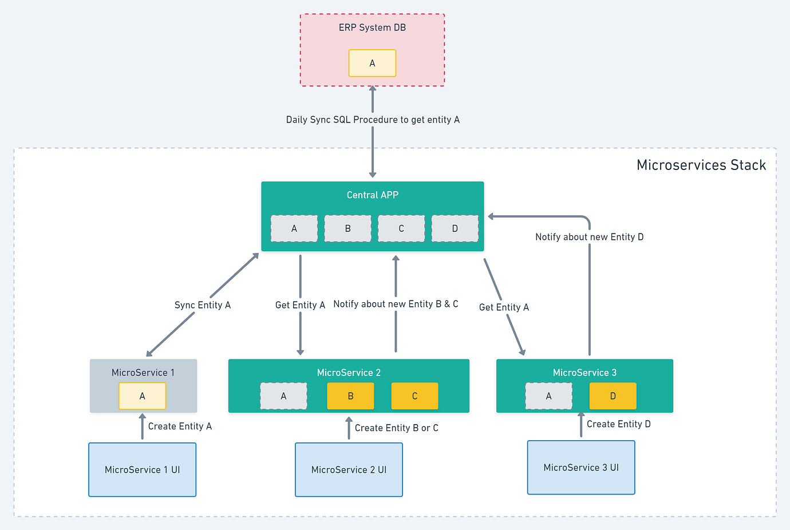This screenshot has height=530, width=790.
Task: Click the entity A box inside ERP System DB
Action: (372, 63)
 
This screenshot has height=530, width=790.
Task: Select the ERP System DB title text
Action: (372, 27)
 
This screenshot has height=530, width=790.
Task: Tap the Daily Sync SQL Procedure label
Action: (373, 120)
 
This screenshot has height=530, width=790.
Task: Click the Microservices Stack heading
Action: (701, 165)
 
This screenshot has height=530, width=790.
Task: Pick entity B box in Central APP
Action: (347, 228)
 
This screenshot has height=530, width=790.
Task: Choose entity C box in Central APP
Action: (401, 228)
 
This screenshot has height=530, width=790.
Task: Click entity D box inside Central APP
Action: (455, 228)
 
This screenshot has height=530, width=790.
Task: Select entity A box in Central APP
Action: (294, 228)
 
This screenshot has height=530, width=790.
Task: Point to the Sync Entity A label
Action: (203, 305)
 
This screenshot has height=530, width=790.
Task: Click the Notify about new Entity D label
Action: (589, 237)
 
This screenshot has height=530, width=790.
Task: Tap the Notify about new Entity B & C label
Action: (396, 304)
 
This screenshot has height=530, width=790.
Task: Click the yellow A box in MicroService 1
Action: (142, 396)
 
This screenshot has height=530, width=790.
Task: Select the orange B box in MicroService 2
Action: (350, 396)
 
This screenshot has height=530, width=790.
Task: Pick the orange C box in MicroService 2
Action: (414, 396)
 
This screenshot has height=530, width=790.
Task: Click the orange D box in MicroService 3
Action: (613, 396)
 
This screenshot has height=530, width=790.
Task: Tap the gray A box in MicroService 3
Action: (548, 396)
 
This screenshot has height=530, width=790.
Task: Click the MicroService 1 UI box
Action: (142, 469)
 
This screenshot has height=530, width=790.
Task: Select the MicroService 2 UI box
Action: (349, 469)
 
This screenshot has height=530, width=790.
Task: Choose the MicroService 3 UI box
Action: (581, 467)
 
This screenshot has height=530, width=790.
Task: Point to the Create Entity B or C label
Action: (396, 428)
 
